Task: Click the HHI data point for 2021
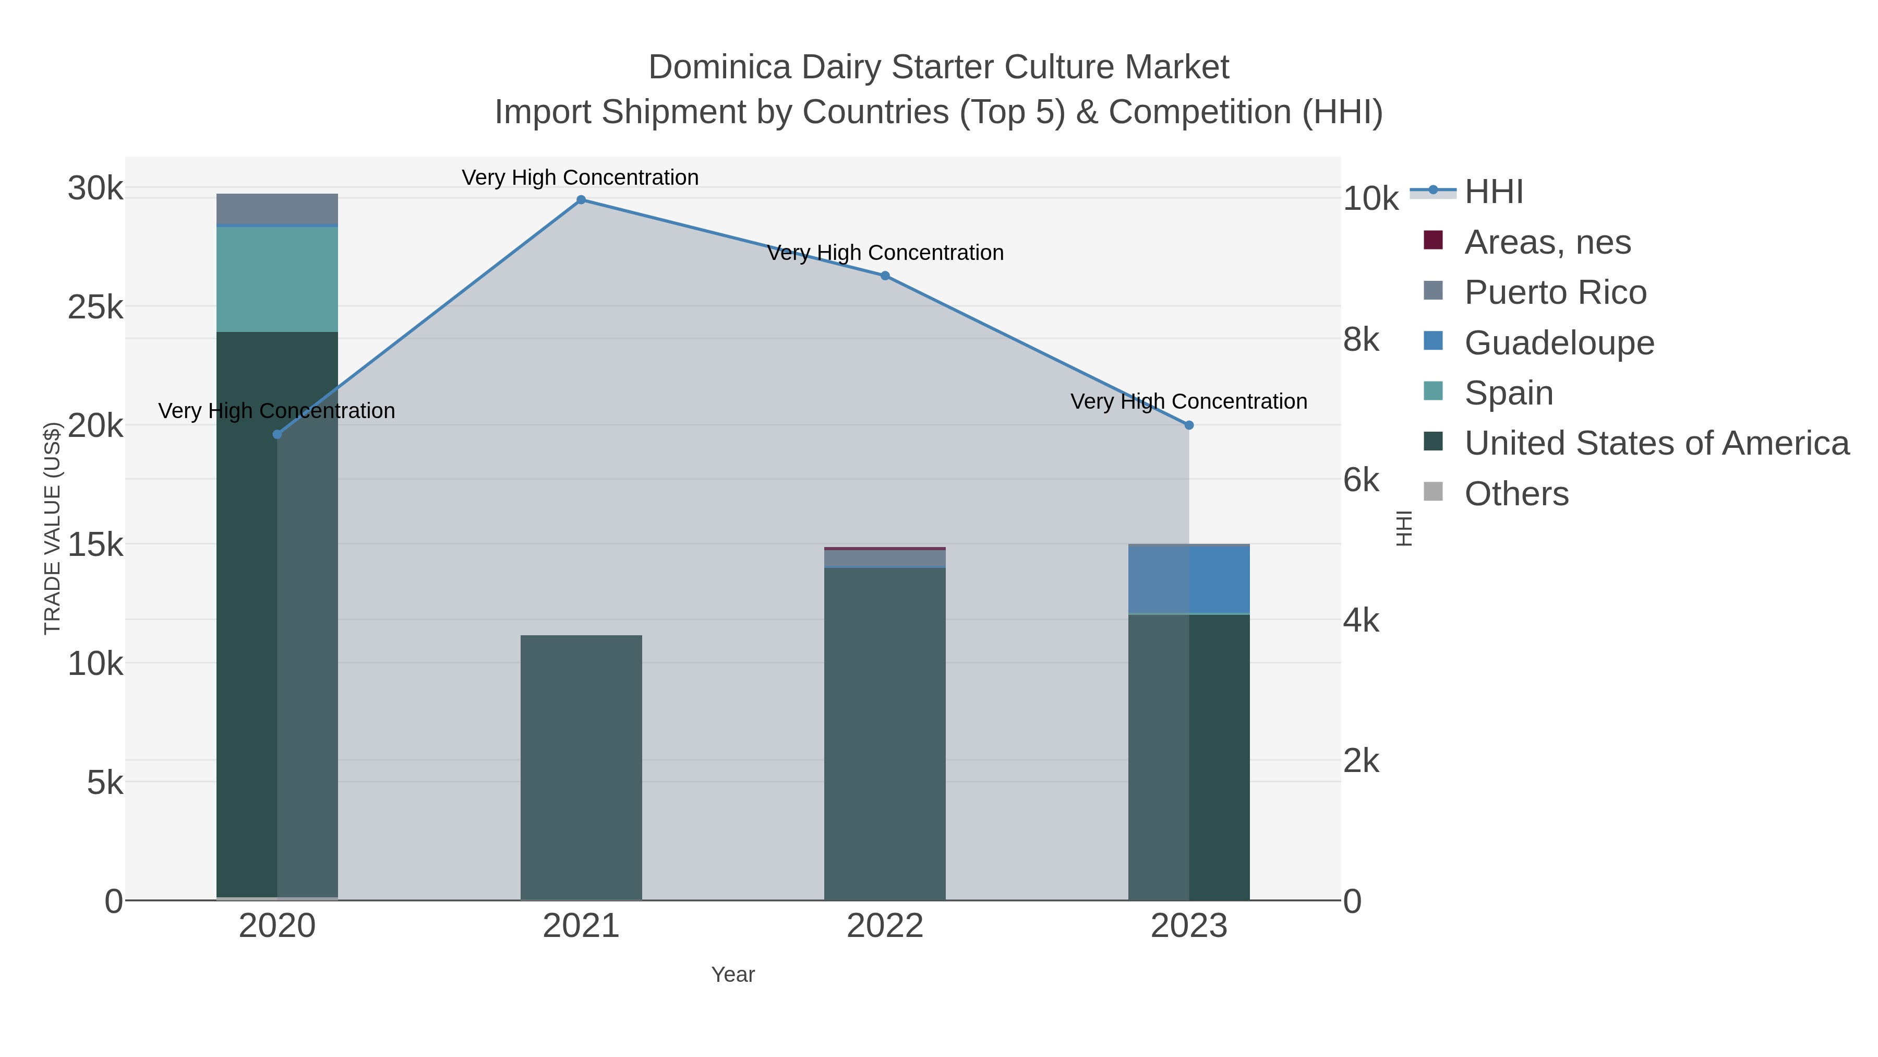581,200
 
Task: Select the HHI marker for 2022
885,276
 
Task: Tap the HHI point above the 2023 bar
1189,425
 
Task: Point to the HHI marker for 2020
277,435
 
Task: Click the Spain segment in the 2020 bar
277,279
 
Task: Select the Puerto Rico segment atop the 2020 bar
277,209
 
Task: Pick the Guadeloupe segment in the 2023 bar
1189,579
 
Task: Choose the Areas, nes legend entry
1547,242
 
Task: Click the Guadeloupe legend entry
1559,343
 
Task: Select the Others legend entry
1516,494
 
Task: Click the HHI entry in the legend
1493,192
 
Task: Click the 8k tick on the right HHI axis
1361,340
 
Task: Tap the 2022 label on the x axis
885,927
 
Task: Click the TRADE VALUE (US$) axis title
53,528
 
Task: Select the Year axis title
733,975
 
